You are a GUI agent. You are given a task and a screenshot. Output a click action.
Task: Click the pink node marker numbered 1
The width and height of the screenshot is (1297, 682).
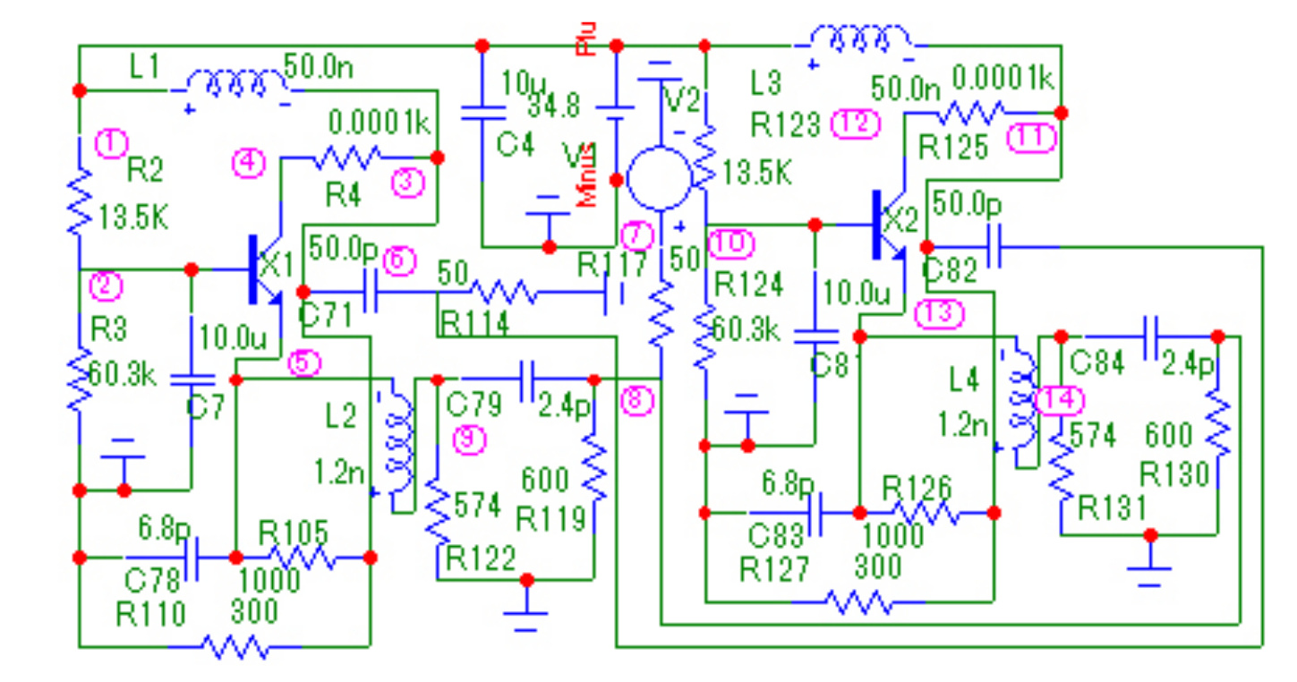coord(111,142)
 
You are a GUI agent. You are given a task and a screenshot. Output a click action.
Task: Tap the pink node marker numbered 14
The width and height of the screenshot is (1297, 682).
coord(1059,400)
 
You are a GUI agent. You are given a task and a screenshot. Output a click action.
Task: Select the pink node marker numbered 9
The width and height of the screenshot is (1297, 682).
coord(467,439)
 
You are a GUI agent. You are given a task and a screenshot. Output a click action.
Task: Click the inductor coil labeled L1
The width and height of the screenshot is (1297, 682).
coord(236,85)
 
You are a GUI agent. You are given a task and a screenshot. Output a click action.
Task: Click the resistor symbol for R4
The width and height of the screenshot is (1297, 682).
coord(345,158)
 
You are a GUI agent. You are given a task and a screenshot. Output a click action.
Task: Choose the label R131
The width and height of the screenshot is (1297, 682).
coord(1111,508)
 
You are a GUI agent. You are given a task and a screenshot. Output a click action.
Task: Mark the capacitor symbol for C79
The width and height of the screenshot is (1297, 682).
coord(527,379)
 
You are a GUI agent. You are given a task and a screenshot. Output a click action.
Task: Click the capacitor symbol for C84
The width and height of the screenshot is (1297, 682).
coord(1151,337)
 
